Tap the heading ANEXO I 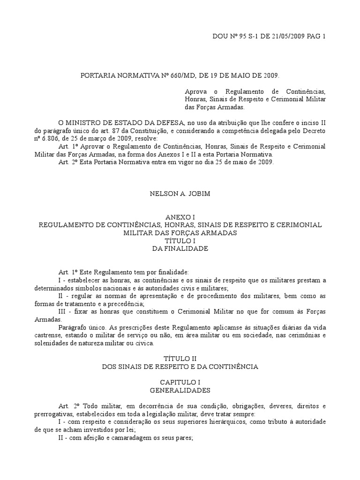pyautogui.click(x=180, y=217)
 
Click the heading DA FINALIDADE pyautogui.click(x=180, y=248)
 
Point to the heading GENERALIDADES pyautogui.click(x=180, y=390)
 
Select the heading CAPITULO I pyautogui.click(x=180, y=382)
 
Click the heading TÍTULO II pyautogui.click(x=180, y=359)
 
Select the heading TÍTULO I pyautogui.click(x=180, y=240)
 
